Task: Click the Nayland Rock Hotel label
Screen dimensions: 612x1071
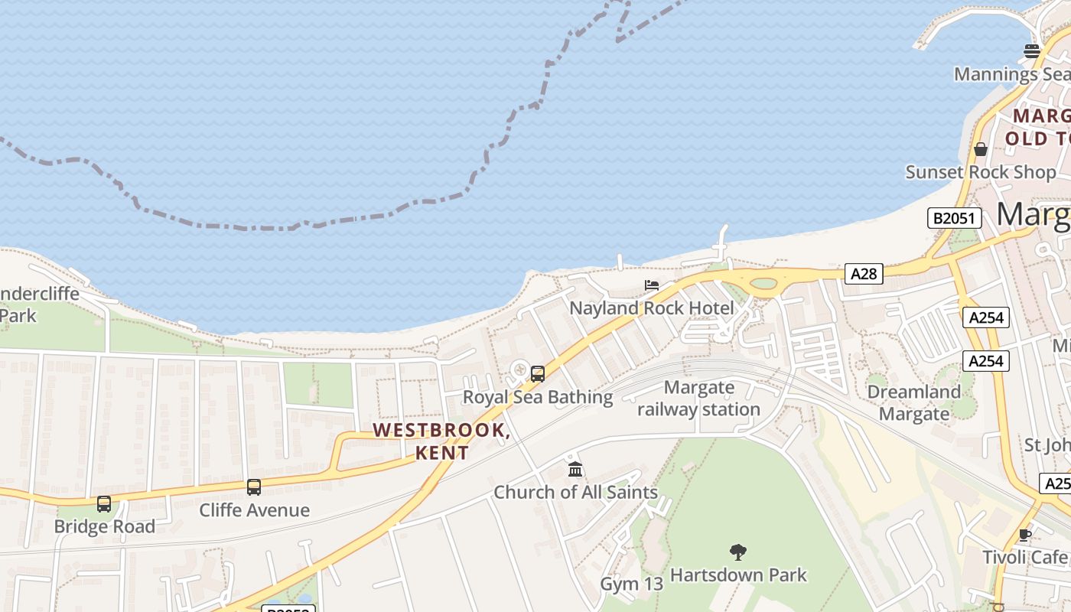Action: [652, 308]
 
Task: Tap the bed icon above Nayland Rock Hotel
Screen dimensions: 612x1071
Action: [652, 285]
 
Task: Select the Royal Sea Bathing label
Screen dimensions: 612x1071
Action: [538, 397]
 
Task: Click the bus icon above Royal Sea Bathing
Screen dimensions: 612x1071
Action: [538, 374]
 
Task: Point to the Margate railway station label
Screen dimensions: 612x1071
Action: [699, 399]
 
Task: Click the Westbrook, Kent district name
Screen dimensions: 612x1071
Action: [442, 441]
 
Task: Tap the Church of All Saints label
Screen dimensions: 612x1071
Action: [575, 492]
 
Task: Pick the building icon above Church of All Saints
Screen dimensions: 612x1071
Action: [575, 469]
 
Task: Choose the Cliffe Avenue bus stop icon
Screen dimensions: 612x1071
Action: [254, 487]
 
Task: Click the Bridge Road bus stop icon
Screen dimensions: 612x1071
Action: [104, 504]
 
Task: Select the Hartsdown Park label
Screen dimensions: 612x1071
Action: [738, 575]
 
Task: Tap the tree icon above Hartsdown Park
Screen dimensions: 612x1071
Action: [738, 552]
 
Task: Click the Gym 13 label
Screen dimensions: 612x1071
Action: [631, 584]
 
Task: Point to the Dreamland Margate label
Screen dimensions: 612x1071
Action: [913, 403]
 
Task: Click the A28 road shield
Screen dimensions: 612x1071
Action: [864, 273]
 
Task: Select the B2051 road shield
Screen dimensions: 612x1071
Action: [954, 218]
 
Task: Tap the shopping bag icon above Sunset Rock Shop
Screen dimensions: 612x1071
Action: [981, 149]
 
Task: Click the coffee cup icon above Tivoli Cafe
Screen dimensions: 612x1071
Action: [1025, 535]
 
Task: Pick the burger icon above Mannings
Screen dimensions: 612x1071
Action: [1032, 51]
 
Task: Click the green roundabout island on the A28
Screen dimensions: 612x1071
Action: [763, 284]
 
